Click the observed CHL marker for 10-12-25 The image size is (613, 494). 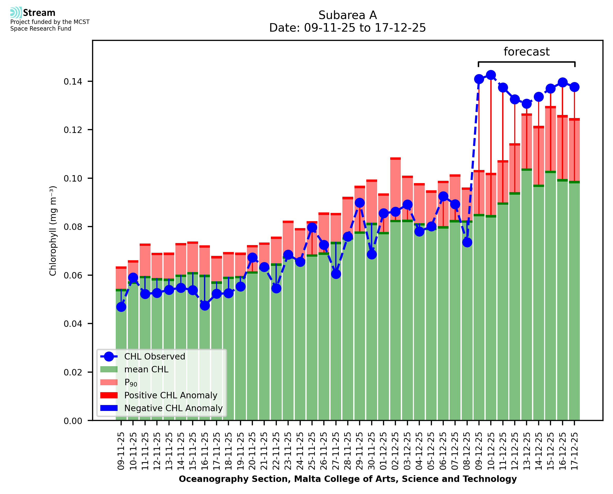coord(491,75)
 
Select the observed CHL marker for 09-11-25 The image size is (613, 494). coord(121,307)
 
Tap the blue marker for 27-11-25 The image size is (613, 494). coord(336,274)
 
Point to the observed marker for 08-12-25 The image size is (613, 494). coord(467,242)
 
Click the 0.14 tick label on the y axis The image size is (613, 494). coord(73,82)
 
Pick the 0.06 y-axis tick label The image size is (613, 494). coord(73,275)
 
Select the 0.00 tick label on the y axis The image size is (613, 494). coord(73,421)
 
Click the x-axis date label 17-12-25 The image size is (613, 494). coord(575,451)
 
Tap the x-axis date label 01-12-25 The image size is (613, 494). coord(384,451)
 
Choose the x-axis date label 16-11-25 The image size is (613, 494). coord(205,451)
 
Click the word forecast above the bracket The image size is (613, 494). coord(527,52)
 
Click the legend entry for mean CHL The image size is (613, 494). coord(146,369)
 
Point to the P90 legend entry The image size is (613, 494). coord(131,382)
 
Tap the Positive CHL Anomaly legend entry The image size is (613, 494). coord(171,395)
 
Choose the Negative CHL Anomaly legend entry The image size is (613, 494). coord(173,408)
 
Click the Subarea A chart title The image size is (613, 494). coord(348,15)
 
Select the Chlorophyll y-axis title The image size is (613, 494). coord(53,231)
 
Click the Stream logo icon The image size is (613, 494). coord(16,13)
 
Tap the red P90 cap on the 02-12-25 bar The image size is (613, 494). coord(395,158)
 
